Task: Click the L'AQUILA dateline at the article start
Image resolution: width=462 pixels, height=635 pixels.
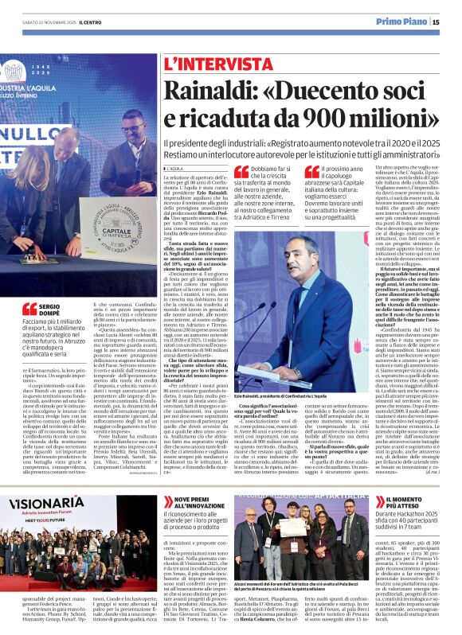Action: click(176, 169)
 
